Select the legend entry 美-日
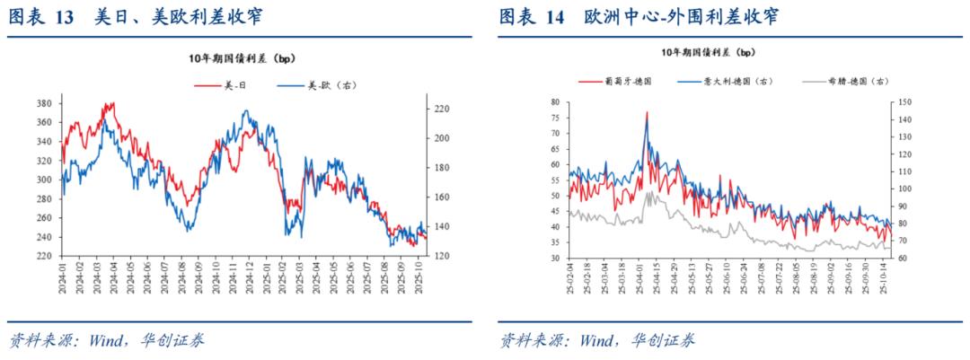237,85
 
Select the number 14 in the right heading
553,18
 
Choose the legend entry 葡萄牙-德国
631,80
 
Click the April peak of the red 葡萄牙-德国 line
647,113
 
